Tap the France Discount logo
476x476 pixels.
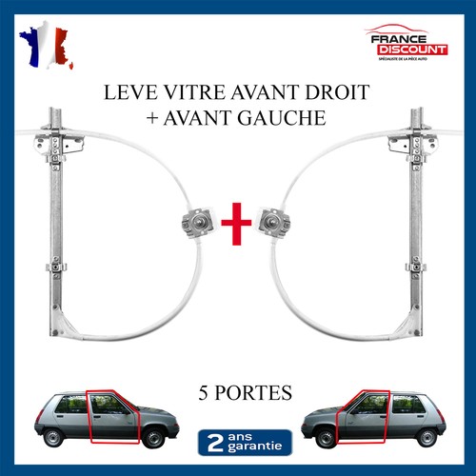[x=407, y=44]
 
